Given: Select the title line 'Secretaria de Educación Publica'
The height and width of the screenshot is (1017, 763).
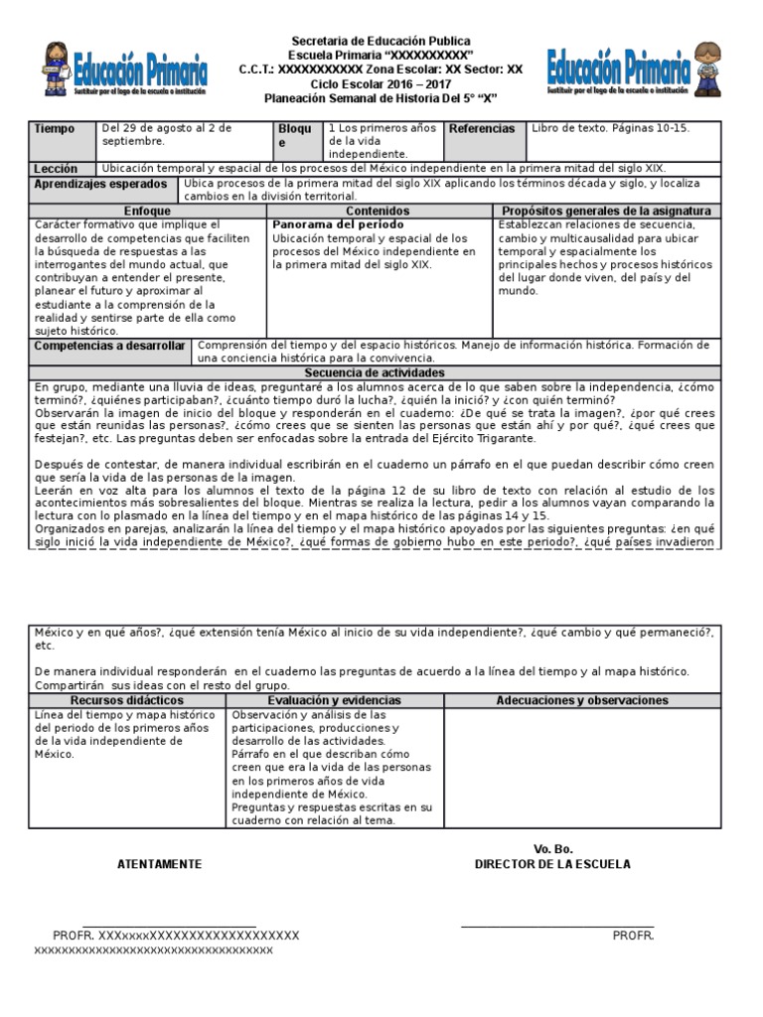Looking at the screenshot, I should (381, 41).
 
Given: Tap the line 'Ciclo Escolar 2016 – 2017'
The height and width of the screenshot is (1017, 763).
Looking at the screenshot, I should (381, 84).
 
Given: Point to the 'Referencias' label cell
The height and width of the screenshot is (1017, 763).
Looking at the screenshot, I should (482, 129).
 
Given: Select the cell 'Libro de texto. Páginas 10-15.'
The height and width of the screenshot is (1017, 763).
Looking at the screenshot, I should (611, 129).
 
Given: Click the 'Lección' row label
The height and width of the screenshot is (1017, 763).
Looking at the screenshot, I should (56, 169).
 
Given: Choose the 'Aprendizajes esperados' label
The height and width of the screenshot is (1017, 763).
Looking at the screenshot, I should (101, 185).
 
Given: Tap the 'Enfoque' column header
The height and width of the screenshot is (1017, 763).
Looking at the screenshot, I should (147, 212).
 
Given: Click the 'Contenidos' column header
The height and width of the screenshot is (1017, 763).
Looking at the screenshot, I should (378, 212).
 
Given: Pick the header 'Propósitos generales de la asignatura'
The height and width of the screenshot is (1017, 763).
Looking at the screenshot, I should (606, 212).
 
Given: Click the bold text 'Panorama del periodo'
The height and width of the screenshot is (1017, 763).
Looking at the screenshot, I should (324, 225).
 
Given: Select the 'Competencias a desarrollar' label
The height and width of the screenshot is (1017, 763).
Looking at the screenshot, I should (109, 346).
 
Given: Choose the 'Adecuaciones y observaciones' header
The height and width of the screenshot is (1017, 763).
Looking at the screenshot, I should (582, 701).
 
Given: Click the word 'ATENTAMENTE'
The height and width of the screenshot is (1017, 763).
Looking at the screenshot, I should (159, 864).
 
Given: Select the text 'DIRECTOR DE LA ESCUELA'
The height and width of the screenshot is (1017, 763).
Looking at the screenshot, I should (552, 864).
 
